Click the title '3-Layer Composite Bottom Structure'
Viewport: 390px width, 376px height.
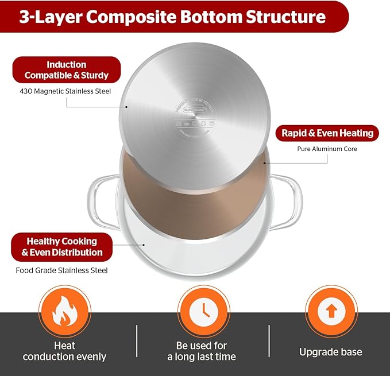click(x=172, y=16)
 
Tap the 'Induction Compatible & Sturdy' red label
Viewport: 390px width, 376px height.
click(x=67, y=70)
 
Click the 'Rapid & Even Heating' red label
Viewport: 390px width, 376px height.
click(x=327, y=133)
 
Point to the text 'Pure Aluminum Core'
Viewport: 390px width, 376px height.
click(x=327, y=149)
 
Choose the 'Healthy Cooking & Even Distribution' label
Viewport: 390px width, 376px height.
click(x=62, y=247)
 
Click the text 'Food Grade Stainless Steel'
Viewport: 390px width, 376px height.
click(x=61, y=270)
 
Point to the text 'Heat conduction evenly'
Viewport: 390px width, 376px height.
click(x=64, y=351)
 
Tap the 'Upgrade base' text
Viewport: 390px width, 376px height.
click(x=330, y=352)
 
